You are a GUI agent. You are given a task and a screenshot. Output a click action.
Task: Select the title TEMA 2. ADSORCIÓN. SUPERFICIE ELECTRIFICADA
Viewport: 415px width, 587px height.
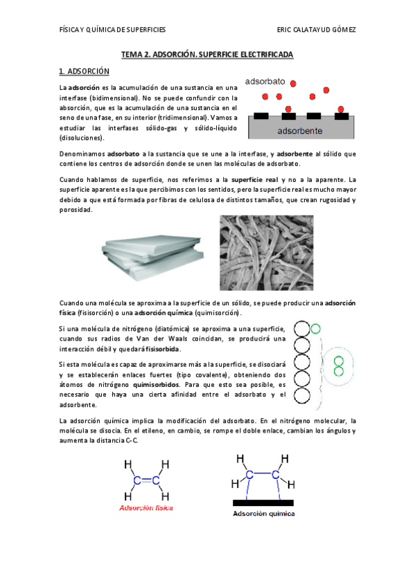[x=208, y=53]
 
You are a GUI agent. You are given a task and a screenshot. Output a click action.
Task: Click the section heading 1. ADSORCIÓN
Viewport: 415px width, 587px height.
[x=85, y=71]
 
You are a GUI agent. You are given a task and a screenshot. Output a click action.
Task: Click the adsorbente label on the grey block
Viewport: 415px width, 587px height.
[x=299, y=130]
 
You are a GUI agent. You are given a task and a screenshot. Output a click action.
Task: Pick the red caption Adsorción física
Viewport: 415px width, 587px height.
[x=146, y=507]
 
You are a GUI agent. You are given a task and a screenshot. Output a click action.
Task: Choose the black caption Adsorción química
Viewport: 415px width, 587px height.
[x=263, y=514]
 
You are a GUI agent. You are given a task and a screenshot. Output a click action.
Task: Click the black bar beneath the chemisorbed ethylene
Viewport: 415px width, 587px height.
[x=263, y=502]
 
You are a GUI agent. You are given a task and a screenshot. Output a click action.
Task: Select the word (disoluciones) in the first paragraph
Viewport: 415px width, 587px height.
[x=82, y=137]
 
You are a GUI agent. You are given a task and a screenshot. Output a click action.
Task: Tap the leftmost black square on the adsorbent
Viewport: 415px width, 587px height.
[x=262, y=116]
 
